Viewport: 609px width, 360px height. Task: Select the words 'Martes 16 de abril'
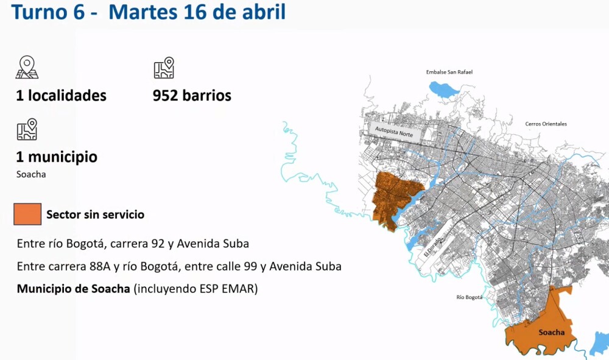197,12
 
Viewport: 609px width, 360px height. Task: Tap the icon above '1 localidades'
27,68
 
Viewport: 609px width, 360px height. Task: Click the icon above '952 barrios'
164,68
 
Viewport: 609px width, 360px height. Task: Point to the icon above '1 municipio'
27,130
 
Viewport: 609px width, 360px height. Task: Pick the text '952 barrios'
192,96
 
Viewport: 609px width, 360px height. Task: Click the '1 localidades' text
61,96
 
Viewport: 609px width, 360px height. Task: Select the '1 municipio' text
57,157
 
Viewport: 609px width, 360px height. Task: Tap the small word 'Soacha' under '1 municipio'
31,174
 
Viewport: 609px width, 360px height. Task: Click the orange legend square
27,214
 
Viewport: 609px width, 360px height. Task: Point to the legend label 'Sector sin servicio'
95,215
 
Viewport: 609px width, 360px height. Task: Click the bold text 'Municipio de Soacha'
73,289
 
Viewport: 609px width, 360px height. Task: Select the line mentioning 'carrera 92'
133,244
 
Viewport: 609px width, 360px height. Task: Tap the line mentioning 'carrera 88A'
179,267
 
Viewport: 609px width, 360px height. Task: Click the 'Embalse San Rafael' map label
449,72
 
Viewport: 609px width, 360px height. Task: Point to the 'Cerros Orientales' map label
546,124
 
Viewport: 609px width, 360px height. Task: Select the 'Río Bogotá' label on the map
469,297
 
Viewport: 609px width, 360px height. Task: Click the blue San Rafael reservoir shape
444,90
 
